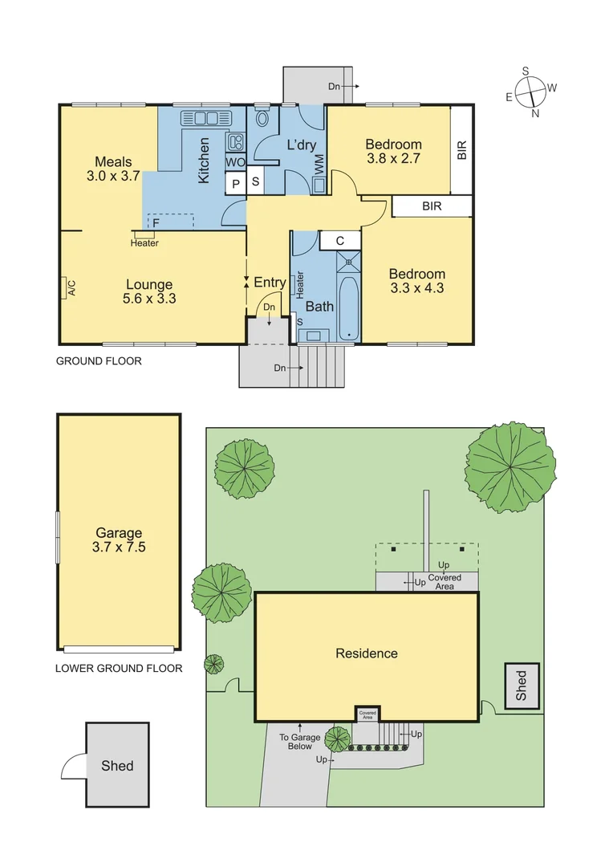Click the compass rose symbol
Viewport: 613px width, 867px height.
pyautogui.click(x=531, y=92)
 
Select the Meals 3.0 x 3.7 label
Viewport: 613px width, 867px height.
pyautogui.click(x=112, y=169)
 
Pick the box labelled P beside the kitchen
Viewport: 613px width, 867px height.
pyautogui.click(x=236, y=184)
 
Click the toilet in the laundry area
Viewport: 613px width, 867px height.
pyautogui.click(x=262, y=120)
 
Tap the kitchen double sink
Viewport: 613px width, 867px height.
pyautogui.click(x=207, y=119)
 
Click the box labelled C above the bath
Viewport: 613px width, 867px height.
pyautogui.click(x=340, y=240)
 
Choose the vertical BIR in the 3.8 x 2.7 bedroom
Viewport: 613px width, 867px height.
pyautogui.click(x=461, y=150)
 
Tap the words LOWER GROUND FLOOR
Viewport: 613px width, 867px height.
pyautogui.click(x=118, y=668)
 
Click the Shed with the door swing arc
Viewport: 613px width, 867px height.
pyautogui.click(x=117, y=765)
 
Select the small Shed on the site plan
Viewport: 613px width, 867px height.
pyautogui.click(x=521, y=686)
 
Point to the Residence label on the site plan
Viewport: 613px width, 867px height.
pyautogui.click(x=366, y=653)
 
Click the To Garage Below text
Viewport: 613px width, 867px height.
pyautogui.click(x=299, y=742)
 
